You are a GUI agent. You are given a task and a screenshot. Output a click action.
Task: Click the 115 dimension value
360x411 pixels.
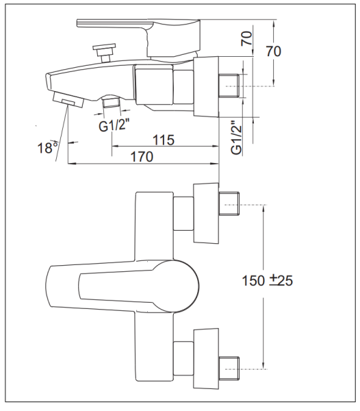(164, 140)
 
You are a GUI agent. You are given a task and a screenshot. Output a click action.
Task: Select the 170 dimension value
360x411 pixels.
(142, 157)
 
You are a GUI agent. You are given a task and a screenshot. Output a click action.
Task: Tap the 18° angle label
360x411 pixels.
(48, 147)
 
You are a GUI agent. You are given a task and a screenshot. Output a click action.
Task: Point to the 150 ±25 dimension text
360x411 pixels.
(267, 280)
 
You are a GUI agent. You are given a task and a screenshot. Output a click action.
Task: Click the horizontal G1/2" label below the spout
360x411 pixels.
(114, 126)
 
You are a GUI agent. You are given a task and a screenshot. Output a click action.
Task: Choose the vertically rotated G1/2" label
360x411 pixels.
(237, 138)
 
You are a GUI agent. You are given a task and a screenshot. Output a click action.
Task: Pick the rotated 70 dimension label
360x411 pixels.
(246, 38)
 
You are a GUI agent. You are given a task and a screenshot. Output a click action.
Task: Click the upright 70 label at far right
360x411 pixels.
(274, 51)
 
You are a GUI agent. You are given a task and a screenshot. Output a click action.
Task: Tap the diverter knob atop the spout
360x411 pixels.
(105, 53)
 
